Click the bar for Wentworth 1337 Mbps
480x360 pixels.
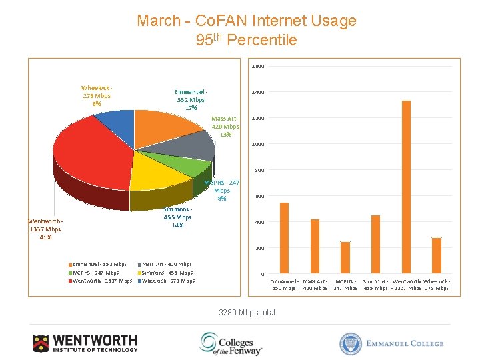(406, 187)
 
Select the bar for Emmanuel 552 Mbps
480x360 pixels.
(284, 238)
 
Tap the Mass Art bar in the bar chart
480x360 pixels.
(315, 247)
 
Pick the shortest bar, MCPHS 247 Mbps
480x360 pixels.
(345, 257)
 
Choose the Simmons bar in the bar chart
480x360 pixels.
(375, 244)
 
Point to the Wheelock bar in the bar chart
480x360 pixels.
(437, 255)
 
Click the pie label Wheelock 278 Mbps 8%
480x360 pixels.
(97, 95)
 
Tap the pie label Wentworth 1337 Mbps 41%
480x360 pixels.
(45, 229)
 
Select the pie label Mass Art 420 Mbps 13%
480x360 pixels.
(225, 127)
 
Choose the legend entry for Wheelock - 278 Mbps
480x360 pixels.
(168, 281)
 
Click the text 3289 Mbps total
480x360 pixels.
(247, 313)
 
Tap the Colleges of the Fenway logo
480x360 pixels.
(231, 343)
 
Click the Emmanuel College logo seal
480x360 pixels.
(350, 343)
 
